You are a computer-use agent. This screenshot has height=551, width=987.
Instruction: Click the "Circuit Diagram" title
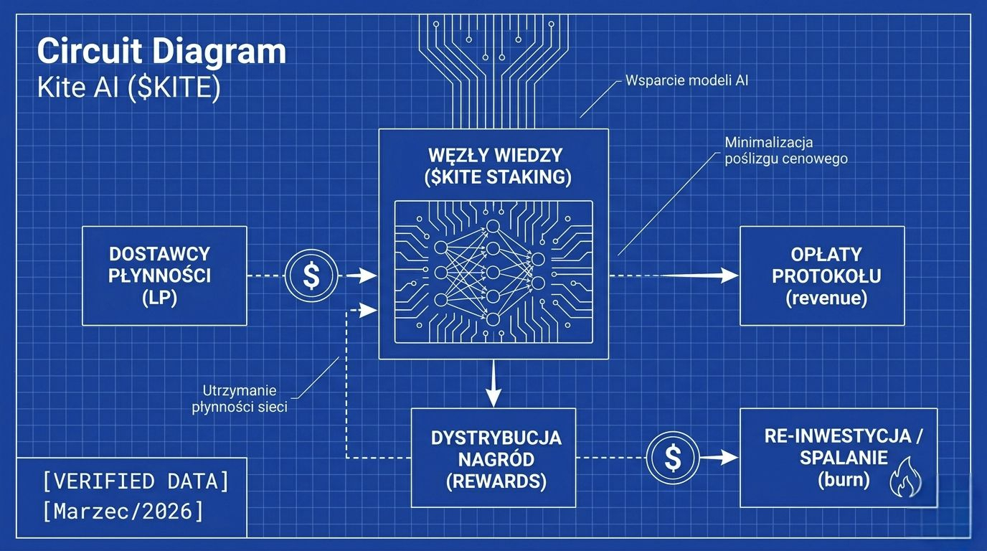pos(161,52)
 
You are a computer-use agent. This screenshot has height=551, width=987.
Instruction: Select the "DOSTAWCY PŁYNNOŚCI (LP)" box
pos(164,275)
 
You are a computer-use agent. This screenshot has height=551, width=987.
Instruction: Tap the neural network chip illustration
pos(493,270)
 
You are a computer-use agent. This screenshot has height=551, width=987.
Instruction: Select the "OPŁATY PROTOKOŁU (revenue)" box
pos(822,275)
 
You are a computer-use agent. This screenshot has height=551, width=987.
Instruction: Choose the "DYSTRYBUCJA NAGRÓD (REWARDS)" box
pos(493,458)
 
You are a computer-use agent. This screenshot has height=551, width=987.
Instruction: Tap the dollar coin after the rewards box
pos(672,458)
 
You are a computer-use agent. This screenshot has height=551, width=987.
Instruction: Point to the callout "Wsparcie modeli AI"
pos(686,80)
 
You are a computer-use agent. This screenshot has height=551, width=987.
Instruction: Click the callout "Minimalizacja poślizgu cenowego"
pos(785,150)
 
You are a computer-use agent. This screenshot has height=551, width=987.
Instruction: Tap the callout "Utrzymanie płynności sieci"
pos(240,400)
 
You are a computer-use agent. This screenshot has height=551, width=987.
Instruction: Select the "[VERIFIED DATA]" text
pos(136,482)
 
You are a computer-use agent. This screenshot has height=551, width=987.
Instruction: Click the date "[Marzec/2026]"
pos(123,512)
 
